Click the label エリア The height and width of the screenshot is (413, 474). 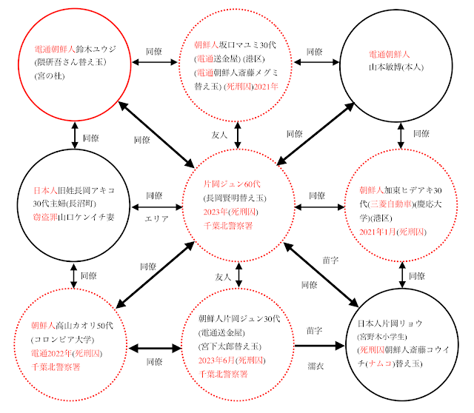pyautogui.click(x=157, y=219)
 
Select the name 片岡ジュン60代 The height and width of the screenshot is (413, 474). pyautogui.click(x=236, y=183)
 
